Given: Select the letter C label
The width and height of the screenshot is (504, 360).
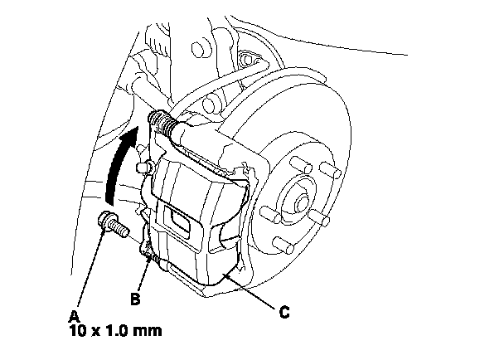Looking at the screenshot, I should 283,313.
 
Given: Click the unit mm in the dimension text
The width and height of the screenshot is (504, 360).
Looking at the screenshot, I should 149,331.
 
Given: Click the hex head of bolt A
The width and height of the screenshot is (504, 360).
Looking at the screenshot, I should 106,221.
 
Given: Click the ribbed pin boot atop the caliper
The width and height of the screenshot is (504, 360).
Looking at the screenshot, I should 167,125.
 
